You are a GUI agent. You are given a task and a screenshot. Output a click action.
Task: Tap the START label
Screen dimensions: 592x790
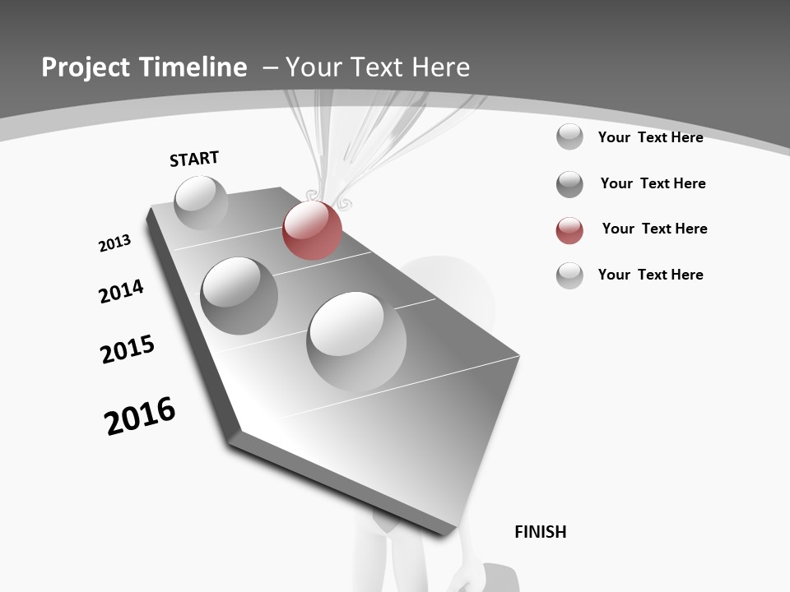194,159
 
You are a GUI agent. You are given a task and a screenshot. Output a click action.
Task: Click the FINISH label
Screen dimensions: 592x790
540,532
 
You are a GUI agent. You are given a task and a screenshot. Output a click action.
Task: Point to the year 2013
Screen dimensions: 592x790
114,243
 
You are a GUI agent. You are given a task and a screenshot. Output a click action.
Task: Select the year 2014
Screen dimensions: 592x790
121,291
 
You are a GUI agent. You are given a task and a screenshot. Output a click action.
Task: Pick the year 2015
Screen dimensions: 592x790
128,349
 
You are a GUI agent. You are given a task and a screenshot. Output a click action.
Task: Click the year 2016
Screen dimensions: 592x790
140,415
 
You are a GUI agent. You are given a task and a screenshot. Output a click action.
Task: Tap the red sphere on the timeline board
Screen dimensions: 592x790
312,230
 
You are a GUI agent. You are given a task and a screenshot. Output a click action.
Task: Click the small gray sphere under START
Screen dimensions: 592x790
201,202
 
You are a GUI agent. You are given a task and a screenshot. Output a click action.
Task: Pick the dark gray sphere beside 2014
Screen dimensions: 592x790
239,295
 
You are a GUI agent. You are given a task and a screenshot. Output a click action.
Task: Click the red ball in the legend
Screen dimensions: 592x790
569,230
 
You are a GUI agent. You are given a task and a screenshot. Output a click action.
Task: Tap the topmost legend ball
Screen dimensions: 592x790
569,136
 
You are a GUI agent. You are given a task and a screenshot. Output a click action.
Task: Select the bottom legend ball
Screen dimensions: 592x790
569,275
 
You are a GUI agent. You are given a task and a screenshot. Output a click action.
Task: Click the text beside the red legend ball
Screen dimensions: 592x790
654,229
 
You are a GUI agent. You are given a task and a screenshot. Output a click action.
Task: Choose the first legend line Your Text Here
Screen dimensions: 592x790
650,137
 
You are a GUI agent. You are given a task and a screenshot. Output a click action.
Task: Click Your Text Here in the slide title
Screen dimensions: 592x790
378,67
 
